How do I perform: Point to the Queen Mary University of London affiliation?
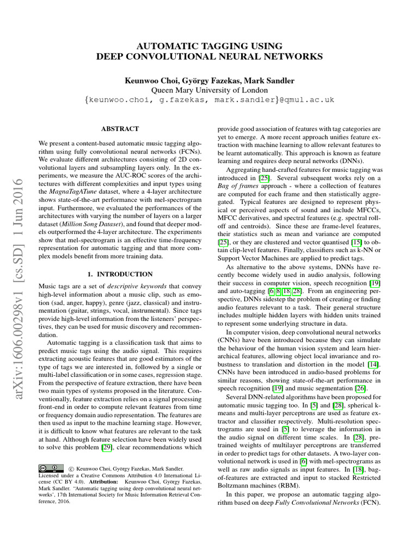coord(210,90)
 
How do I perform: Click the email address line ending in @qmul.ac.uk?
coord(210,101)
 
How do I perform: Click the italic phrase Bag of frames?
coord(241,188)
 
